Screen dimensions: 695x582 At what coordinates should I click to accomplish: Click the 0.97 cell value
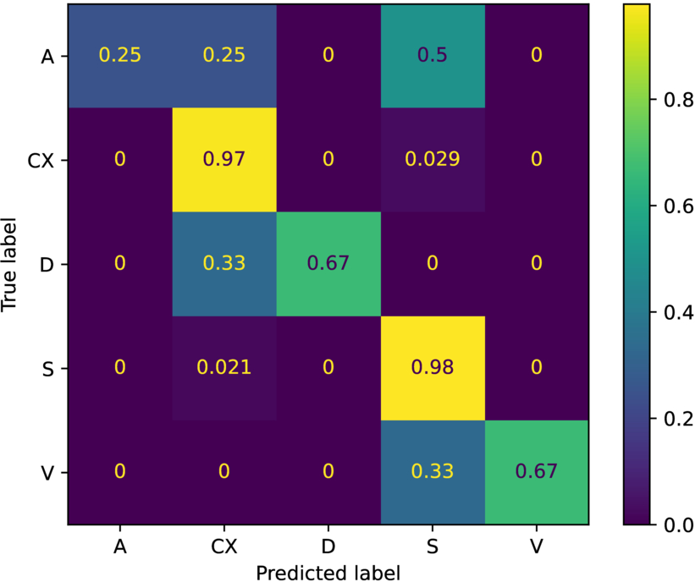pyautogui.click(x=223, y=159)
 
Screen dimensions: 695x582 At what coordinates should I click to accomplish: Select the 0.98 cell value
pyautogui.click(x=433, y=367)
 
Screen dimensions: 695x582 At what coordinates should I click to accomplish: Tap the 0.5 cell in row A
pyautogui.click(x=433, y=55)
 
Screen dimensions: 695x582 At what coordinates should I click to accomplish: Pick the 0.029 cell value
pyautogui.click(x=433, y=159)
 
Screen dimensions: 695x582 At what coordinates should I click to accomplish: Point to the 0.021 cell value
pyautogui.click(x=223, y=367)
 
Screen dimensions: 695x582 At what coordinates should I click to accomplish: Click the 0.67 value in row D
pyautogui.click(x=328, y=263)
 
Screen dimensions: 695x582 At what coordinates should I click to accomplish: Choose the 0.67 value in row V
pyautogui.click(x=537, y=471)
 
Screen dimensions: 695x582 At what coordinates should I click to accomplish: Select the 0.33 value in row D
pyautogui.click(x=223, y=263)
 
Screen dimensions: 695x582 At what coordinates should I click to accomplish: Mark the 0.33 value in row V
pyautogui.click(x=433, y=471)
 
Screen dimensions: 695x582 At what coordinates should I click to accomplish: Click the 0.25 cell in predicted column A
pyautogui.click(x=119, y=55)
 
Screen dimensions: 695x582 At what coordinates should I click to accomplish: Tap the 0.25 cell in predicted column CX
pyautogui.click(x=223, y=55)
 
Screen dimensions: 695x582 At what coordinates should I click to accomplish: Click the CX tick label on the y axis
pyautogui.click(x=41, y=161)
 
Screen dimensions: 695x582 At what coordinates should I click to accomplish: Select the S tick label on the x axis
pyautogui.click(x=433, y=546)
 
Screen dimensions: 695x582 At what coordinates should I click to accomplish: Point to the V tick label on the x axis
pyautogui.click(x=537, y=546)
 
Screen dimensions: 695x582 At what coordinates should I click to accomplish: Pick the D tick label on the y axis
pyautogui.click(x=47, y=265)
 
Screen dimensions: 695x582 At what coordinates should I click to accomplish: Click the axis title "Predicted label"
pyautogui.click(x=328, y=573)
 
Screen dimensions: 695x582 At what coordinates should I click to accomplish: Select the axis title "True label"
pyautogui.click(x=8, y=265)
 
